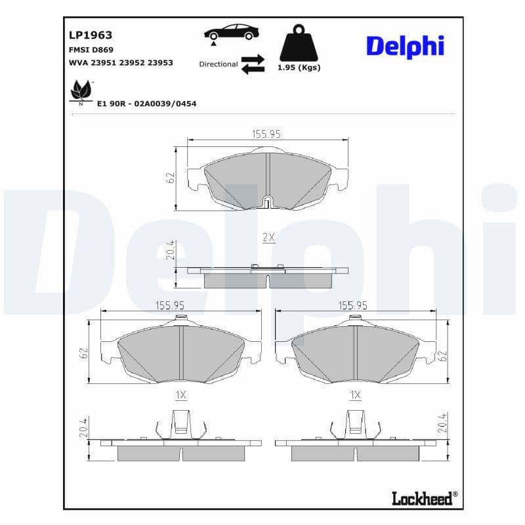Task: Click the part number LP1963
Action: [x=91, y=35]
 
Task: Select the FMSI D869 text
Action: [x=91, y=50]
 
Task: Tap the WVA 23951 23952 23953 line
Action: [x=121, y=63]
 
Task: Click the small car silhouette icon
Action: [x=231, y=32]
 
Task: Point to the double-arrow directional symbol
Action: [x=253, y=64]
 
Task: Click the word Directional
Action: [x=219, y=64]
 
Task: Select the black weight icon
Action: [x=299, y=44]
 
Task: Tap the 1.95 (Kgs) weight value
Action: [x=299, y=68]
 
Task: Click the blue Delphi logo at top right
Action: [x=405, y=46]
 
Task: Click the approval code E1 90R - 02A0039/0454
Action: [x=146, y=104]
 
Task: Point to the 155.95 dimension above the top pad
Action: [x=266, y=133]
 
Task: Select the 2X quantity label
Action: [x=268, y=238]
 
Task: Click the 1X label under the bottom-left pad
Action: [x=181, y=395]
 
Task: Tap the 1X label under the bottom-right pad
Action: [x=355, y=395]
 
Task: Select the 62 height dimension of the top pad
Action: [x=171, y=178]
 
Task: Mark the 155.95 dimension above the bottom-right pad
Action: [x=352, y=305]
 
